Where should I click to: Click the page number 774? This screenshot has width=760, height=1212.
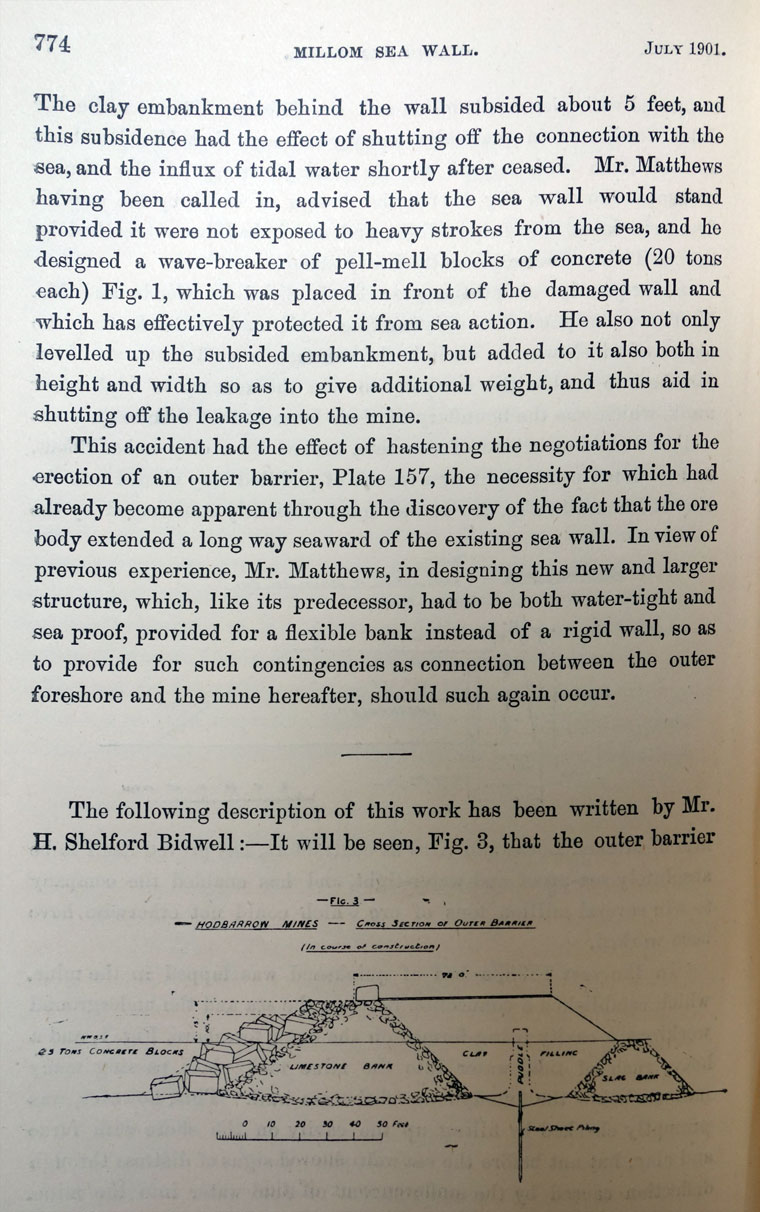(x=52, y=43)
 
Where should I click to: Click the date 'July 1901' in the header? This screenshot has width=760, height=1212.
(x=684, y=47)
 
